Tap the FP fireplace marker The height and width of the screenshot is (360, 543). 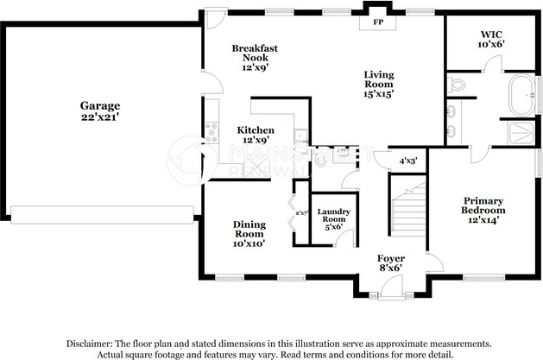377,23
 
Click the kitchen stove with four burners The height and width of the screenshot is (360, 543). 211,133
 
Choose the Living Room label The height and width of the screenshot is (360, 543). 378,80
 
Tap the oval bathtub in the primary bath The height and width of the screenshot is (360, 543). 523,97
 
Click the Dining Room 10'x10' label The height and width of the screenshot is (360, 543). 249,234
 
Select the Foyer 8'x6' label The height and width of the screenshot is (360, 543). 391,263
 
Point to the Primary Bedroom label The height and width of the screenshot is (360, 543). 483,210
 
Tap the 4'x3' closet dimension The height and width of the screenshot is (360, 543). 408,161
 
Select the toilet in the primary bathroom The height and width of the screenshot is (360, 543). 457,85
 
